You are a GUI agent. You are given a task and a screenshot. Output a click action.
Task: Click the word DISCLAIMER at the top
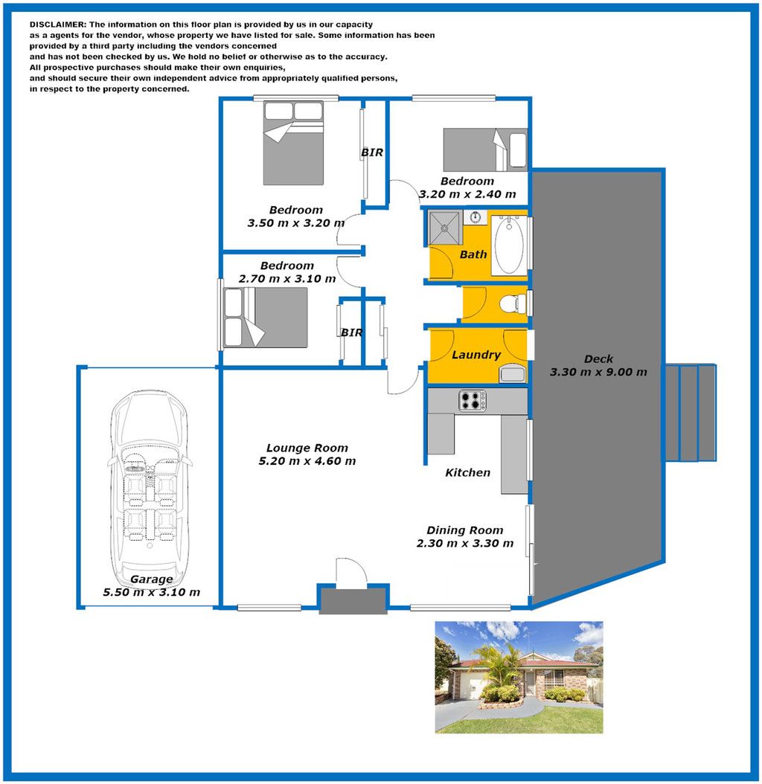coord(58,25)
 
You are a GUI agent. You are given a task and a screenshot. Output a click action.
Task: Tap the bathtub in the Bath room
coord(509,245)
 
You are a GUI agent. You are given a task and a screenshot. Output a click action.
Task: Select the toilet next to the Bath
coord(513,303)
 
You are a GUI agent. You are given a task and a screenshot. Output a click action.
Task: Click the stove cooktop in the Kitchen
coord(473,400)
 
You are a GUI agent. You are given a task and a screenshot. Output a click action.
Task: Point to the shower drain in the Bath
coord(444,228)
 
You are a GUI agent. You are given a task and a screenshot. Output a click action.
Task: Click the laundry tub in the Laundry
coord(512,373)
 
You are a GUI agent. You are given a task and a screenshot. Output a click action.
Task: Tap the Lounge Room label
coord(307,448)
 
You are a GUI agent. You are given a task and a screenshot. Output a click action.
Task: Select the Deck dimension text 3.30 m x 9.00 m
coord(598,372)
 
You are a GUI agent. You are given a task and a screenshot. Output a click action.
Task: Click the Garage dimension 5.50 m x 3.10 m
coord(152,592)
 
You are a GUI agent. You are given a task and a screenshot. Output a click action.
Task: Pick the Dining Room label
coord(465,530)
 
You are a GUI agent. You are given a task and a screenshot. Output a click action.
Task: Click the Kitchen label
coord(468,472)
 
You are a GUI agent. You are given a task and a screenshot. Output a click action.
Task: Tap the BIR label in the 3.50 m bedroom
coord(372,152)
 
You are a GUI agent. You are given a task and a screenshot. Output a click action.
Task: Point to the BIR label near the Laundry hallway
coord(352,332)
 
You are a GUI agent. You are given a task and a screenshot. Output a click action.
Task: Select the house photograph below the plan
coord(519,678)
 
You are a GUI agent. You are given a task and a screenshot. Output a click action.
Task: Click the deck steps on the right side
coord(691,413)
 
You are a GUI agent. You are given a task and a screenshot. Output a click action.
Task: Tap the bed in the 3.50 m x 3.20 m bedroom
coord(294,143)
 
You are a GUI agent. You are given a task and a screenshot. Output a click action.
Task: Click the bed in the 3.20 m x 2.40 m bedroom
coord(485,150)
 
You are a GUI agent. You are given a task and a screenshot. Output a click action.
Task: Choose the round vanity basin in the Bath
coord(476,217)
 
